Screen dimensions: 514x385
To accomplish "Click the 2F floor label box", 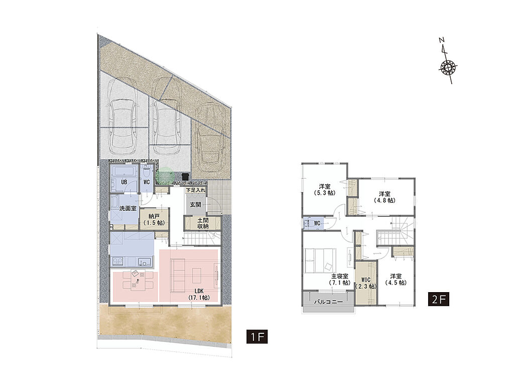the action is click(438, 299).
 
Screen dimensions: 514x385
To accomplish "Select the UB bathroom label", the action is click(124, 182).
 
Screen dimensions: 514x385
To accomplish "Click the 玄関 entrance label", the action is click(195, 205).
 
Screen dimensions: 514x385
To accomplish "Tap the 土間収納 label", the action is click(203, 223).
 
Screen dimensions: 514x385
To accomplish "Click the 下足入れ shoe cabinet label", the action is click(196, 190).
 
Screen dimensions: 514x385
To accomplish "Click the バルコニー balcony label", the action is click(328, 302).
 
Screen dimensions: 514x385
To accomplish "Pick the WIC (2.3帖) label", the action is click(366, 283).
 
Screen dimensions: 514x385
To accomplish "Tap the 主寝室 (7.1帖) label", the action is click(340, 280).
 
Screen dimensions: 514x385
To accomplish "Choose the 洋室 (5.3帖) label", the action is click(325, 190).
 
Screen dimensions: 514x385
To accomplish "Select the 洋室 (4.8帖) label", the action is click(384, 197).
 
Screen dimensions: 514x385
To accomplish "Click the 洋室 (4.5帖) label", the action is click(396, 280).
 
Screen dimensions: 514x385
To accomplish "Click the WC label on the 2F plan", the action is click(317, 223).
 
